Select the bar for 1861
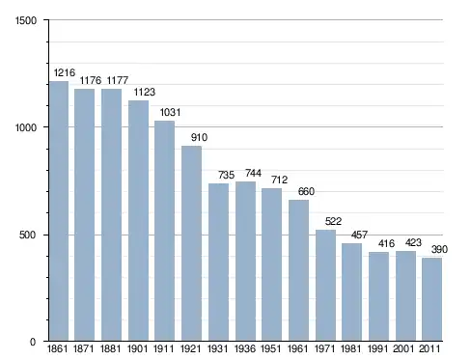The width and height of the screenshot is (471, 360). tap(59, 210)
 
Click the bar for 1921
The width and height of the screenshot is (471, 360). tap(191, 243)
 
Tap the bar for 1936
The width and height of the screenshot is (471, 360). tap(245, 261)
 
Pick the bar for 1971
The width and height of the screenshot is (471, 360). tap(325, 285)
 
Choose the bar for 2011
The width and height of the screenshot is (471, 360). tap(432, 299)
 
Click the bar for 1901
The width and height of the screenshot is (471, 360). tap(138, 220)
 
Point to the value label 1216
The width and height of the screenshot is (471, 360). tap(65, 72)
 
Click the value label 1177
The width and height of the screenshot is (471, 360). tap(118, 80)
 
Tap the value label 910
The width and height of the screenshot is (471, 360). tap(199, 137)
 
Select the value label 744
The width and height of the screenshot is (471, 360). tap(253, 173)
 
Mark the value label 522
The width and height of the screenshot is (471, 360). tap(333, 221)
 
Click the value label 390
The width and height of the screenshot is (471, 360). tap(439, 249)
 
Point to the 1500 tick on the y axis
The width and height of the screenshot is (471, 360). tap(26, 20)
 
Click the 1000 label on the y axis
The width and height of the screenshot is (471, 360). tap(26, 127)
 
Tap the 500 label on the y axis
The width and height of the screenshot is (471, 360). tap(27, 235)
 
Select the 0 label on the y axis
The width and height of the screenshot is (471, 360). tap(33, 342)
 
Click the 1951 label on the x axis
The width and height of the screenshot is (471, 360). tap(271, 348)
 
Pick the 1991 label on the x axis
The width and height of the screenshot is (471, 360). tap(377, 348)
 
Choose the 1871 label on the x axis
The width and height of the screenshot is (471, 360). tap(84, 348)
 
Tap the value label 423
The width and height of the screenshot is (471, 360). tap(413, 242)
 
